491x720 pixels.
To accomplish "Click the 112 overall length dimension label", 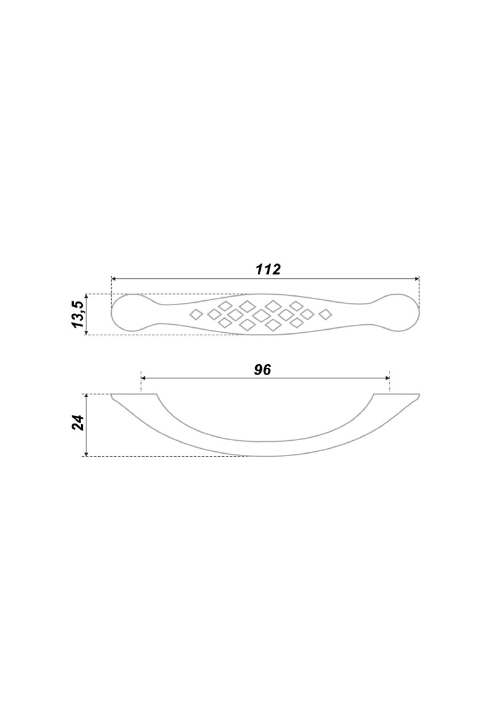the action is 268,269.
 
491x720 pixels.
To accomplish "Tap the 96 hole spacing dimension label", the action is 263,369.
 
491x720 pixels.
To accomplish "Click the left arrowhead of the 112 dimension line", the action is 114,279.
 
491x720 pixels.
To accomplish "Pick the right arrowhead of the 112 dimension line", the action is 417,279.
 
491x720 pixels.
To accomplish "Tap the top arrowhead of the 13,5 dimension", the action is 86,297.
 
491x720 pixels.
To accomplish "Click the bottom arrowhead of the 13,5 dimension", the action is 86,332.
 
